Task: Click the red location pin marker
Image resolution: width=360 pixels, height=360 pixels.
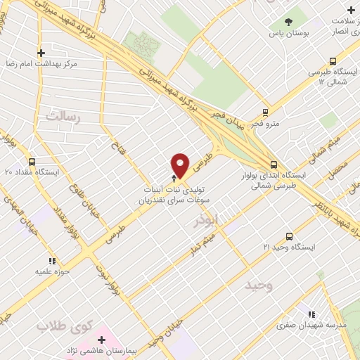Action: (181, 165)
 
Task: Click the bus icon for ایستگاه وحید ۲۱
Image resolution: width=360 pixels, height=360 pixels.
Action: (290, 236)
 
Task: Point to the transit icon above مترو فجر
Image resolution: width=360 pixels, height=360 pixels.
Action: (265, 111)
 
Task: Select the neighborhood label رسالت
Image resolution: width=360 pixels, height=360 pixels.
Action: (63, 115)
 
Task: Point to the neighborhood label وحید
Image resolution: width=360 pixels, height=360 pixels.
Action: (258, 286)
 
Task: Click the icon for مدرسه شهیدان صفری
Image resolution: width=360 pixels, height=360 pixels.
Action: (310, 313)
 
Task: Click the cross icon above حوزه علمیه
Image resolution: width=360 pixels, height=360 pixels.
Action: (42, 258)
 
